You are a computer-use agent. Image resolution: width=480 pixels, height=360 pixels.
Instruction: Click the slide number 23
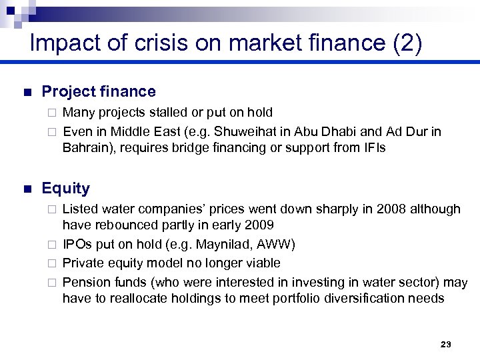(x=446, y=344)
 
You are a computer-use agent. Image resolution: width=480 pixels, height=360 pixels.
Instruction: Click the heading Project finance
(x=98, y=92)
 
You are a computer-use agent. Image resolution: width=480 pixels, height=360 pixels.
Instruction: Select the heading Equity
(x=65, y=189)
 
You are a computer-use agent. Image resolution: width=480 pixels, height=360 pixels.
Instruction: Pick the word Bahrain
(x=87, y=147)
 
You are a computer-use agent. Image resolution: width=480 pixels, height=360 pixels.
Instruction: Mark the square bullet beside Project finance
(x=27, y=93)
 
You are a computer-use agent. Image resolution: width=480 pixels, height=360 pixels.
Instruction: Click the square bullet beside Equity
(x=27, y=189)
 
